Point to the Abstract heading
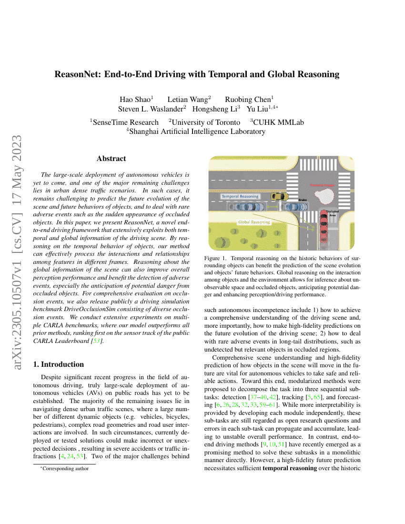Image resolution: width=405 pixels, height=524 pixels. (x=111, y=159)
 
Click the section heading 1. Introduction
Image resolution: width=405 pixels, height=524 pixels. (x=58, y=364)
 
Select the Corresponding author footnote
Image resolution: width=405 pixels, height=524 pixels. (x=65, y=468)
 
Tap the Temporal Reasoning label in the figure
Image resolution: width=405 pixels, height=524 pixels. (x=240, y=196)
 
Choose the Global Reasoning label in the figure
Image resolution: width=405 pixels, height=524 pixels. (x=253, y=222)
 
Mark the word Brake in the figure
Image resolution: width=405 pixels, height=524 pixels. (x=303, y=200)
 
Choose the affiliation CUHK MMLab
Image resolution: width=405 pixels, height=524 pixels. (x=279, y=122)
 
